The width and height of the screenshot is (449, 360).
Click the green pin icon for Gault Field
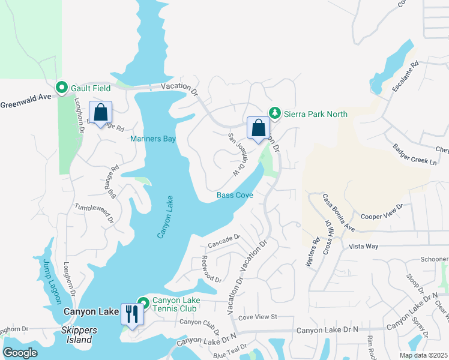(61, 88)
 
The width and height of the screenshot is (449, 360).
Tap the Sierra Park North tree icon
(274, 113)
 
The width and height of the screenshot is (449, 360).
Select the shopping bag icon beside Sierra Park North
(258, 128)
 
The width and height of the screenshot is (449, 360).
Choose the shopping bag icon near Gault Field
(100, 112)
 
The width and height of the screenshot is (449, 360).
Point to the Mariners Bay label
(153, 139)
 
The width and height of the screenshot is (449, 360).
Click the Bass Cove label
(235, 196)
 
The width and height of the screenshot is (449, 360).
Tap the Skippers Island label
(77, 340)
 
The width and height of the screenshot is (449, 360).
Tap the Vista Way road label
(364, 247)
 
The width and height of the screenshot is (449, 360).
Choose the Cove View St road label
(257, 316)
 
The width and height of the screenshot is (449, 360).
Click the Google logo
(20, 353)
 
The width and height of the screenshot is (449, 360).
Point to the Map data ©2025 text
(423, 355)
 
